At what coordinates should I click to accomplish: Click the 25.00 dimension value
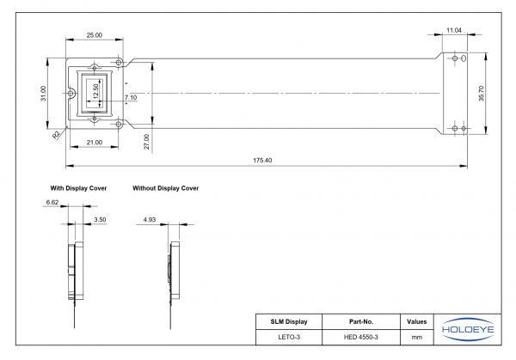(x=94, y=35)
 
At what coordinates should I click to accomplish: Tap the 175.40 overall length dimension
(x=263, y=161)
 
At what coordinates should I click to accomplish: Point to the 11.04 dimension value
(x=454, y=31)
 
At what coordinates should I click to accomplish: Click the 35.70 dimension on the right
(x=482, y=93)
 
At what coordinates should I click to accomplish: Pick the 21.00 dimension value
(x=94, y=142)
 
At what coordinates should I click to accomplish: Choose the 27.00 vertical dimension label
(x=146, y=142)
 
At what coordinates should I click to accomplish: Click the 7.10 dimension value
(x=131, y=98)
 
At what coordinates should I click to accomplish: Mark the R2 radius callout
(x=56, y=135)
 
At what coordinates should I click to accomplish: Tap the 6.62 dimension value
(x=52, y=202)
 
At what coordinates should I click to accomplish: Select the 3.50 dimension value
(x=99, y=220)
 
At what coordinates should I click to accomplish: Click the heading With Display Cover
(x=77, y=186)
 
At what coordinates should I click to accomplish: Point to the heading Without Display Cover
(x=166, y=186)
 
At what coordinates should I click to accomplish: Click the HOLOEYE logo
(x=465, y=329)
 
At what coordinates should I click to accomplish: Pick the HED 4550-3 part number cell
(x=360, y=337)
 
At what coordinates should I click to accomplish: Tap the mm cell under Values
(x=416, y=337)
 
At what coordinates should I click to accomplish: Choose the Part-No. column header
(x=360, y=321)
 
